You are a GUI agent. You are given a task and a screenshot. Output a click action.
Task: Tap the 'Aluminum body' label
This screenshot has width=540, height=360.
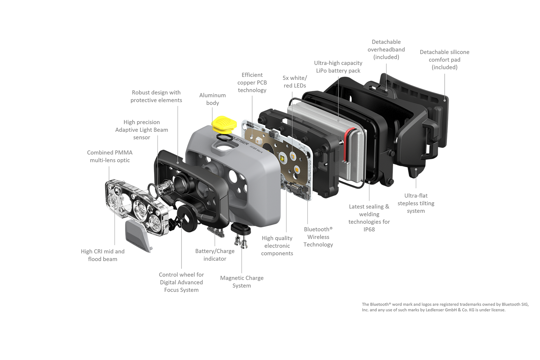coord(212,99)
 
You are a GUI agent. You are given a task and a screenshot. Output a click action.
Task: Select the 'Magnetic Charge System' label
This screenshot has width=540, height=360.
coord(242,282)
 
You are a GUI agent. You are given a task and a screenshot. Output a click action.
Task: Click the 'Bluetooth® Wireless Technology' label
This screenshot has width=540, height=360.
coord(318,237)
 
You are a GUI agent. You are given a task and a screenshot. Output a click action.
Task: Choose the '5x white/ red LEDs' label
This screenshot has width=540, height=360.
coord(295,82)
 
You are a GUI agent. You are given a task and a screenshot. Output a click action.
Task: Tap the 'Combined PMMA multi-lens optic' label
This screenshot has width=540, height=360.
coord(110,156)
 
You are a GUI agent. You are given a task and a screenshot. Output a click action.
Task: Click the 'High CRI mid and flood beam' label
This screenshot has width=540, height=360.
coord(103,255)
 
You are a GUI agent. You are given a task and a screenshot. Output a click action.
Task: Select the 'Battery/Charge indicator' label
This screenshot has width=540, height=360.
coord(215,255)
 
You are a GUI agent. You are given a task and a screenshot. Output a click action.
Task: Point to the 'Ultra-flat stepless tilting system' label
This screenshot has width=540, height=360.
coord(416,203)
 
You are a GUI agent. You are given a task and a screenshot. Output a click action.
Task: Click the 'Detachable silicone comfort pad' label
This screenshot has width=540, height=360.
coord(445,59)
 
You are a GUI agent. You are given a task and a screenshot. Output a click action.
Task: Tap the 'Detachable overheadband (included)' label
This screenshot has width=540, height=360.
coord(386,50)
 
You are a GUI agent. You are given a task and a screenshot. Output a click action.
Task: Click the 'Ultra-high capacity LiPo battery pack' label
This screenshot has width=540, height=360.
coord(338,67)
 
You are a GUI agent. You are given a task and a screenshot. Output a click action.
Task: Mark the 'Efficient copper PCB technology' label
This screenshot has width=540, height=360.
coord(252,82)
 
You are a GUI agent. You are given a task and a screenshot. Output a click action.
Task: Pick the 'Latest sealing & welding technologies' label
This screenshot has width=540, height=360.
coord(369,218)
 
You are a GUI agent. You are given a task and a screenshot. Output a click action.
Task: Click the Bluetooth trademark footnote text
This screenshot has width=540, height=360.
coord(445,307)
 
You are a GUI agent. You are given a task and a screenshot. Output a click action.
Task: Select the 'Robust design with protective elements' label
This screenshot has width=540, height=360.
coord(156,96)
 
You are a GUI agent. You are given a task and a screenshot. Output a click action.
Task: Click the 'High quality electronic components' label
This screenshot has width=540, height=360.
coord(277,246)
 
